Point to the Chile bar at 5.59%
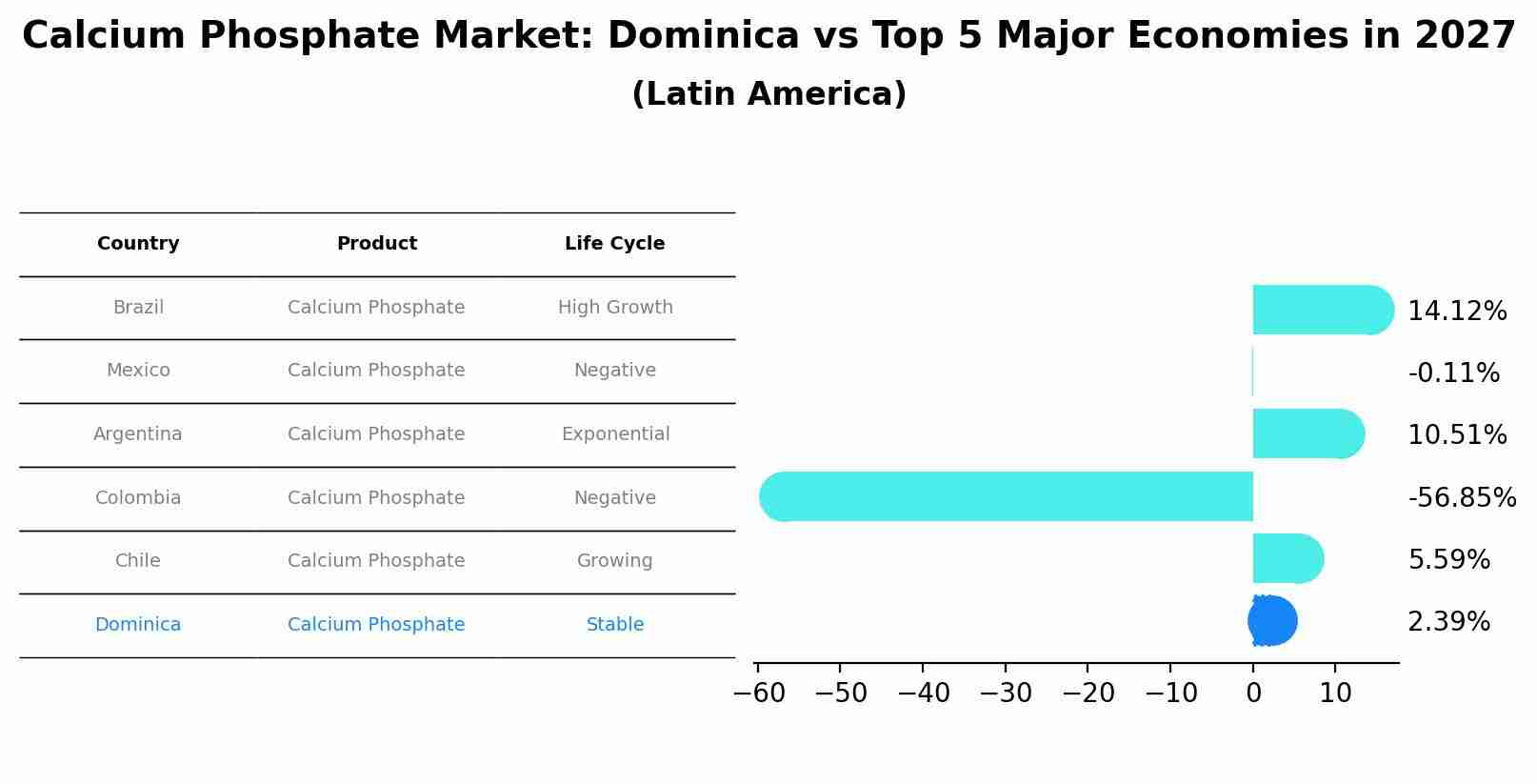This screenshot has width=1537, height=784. click(x=1287, y=558)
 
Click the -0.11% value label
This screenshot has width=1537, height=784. click(x=1453, y=372)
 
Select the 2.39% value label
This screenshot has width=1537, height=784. click(x=1448, y=622)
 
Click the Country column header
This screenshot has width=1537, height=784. click(x=138, y=244)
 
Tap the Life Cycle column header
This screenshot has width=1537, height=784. click(x=614, y=244)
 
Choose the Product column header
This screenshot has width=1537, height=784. click(x=376, y=244)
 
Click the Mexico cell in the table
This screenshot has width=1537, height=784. click(x=138, y=371)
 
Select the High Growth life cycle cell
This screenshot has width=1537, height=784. click(x=614, y=308)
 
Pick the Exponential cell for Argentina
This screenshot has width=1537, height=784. click(x=614, y=434)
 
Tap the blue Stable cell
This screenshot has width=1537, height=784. click(x=614, y=625)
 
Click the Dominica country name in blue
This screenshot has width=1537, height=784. click(x=138, y=625)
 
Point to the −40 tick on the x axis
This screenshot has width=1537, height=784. click(x=923, y=694)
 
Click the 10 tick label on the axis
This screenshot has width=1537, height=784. click(x=1335, y=694)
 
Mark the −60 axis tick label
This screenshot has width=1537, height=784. click(x=759, y=694)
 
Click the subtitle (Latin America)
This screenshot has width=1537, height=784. click(x=768, y=94)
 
